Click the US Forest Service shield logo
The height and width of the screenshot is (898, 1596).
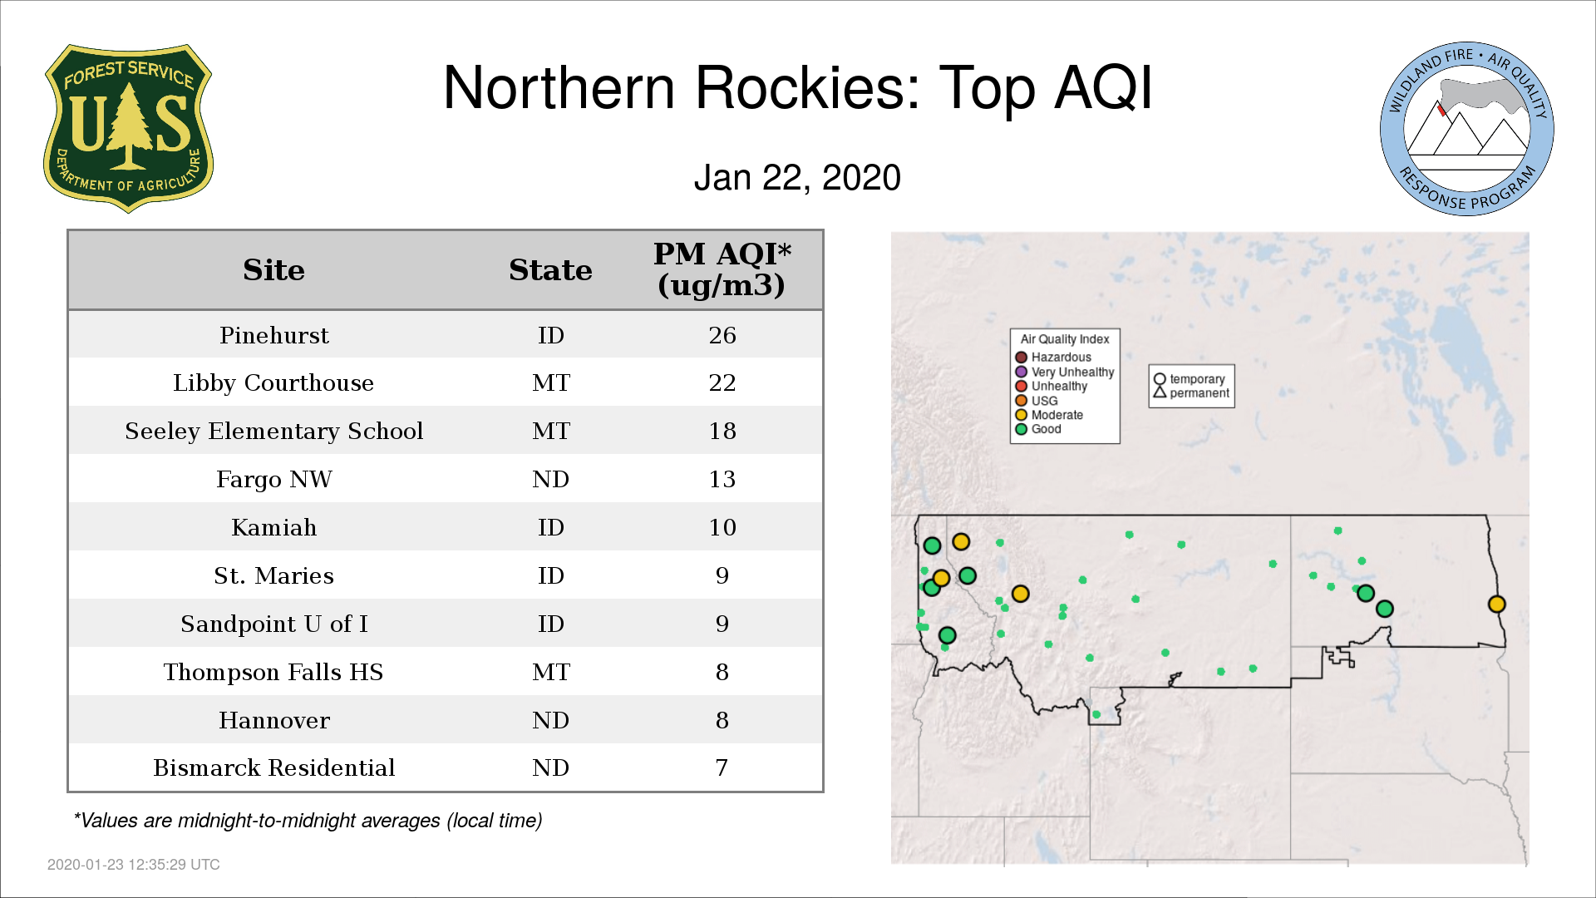[128, 128]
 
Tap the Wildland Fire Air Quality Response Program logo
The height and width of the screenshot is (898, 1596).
[1467, 129]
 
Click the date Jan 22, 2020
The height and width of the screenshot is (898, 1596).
[797, 178]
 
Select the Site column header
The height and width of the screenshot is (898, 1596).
[273, 270]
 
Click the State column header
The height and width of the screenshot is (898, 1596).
[550, 270]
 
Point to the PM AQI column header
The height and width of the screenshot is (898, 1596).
[722, 269]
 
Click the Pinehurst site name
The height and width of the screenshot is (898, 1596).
[274, 335]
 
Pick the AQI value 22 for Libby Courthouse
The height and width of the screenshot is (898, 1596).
[722, 382]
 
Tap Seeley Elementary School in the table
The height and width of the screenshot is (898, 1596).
[274, 431]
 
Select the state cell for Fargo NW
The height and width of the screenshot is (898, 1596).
[550, 479]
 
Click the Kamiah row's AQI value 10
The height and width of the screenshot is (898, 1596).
[722, 527]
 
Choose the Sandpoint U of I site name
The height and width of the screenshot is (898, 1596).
[274, 624]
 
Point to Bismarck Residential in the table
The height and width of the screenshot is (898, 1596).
[274, 767]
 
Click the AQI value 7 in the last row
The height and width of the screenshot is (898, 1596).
[722, 767]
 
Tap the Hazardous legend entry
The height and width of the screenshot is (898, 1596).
[1053, 357]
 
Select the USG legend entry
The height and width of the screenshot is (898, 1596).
[1037, 401]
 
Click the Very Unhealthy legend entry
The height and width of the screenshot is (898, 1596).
[1065, 372]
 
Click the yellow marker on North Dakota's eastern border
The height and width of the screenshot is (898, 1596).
[1496, 604]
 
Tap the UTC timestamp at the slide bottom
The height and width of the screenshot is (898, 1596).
[134, 865]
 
